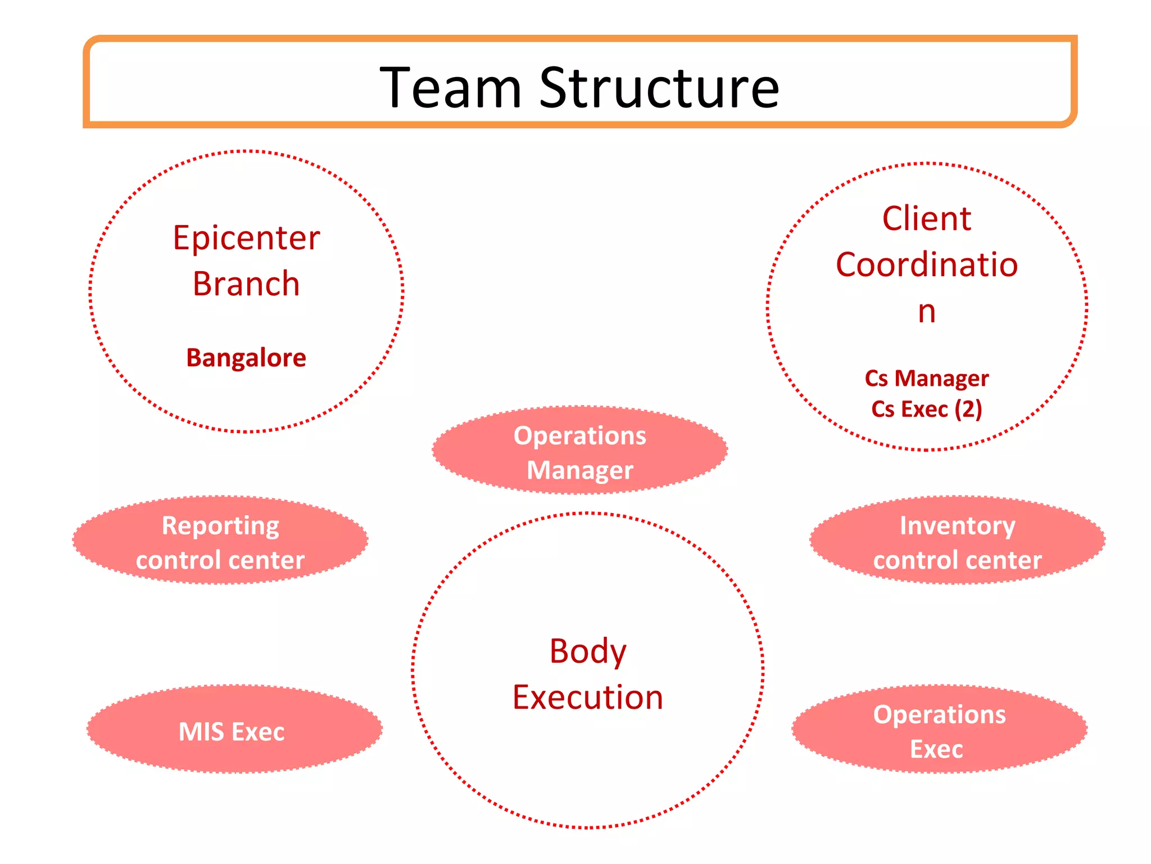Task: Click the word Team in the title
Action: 451,88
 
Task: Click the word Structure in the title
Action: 659,88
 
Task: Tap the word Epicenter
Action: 246,238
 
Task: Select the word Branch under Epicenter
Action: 246,283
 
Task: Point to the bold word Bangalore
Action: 246,358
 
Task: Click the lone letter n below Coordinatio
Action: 926,311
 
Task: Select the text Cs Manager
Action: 926,379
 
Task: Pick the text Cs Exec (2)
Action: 926,409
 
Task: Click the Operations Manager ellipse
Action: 579,450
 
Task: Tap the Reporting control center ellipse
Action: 220,541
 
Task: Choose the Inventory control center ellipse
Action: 957,541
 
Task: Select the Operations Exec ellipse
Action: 939,730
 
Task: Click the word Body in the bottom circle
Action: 587,651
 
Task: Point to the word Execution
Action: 587,697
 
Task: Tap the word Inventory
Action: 957,526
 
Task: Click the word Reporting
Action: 220,526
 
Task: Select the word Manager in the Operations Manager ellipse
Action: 579,470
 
